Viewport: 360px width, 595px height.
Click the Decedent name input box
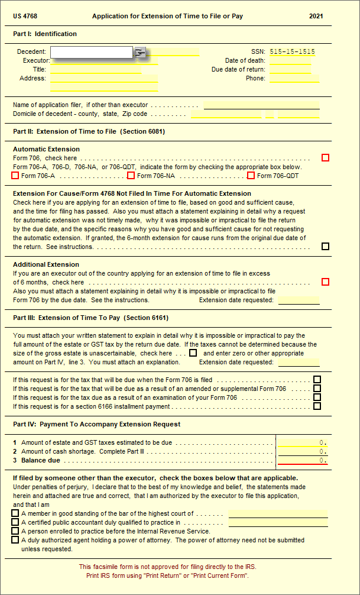pos(92,53)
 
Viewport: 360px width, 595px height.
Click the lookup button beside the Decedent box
pos(140,53)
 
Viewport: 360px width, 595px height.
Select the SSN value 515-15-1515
pos(292,52)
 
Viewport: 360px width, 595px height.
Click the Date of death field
pos(290,61)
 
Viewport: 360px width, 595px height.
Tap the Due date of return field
pos(290,70)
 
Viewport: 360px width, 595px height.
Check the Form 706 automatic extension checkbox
pos(325,158)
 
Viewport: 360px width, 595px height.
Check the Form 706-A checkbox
pos(15,176)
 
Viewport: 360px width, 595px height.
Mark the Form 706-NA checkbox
pos(131,176)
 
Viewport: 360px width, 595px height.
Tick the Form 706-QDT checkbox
pos(251,176)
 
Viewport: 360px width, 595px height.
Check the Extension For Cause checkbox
pos(325,247)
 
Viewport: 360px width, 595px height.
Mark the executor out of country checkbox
pos(325,282)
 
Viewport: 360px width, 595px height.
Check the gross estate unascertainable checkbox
pos(193,353)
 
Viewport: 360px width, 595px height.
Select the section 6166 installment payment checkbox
pos(317,406)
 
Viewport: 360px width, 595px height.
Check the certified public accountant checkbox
pos(15,522)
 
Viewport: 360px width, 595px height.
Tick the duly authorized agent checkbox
pos(15,540)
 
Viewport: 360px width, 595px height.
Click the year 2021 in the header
pos(316,16)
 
